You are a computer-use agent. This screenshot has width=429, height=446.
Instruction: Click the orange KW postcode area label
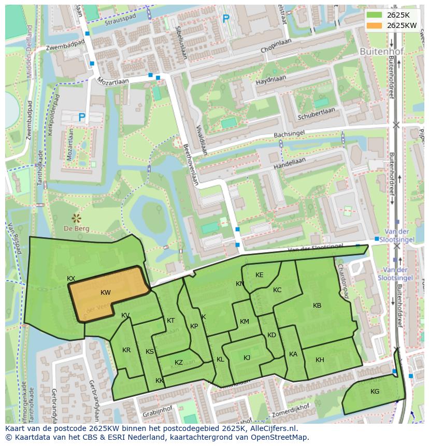coord(106,293)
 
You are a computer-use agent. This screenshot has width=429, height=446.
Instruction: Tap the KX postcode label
coord(71,279)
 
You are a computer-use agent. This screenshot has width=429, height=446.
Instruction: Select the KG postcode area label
coord(375,392)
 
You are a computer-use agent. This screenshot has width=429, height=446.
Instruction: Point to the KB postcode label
coord(317,306)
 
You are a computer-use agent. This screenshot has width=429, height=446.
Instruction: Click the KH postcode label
coord(320,360)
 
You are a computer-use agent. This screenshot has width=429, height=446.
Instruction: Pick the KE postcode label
coord(260,275)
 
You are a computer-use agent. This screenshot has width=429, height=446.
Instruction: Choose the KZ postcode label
coord(179,363)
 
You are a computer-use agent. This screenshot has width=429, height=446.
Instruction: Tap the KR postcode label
coord(126,350)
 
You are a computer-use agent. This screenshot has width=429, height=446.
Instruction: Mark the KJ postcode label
coord(247,358)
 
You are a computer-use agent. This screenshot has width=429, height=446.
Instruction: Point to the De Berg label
coord(77,228)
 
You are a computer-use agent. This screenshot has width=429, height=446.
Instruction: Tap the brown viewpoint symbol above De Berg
coord(77,218)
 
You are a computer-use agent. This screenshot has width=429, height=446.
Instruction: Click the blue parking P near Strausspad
coord(225,19)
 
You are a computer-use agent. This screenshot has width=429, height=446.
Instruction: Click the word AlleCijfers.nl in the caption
coord(272,428)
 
